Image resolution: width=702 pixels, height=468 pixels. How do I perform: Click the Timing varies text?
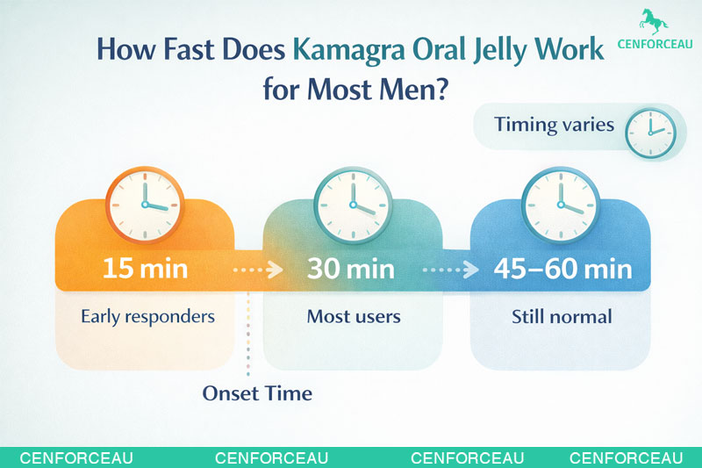(554, 124)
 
